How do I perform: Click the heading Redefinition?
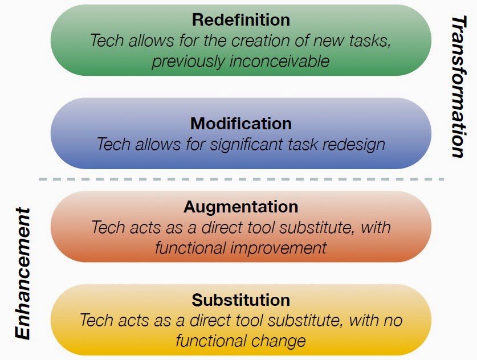241,20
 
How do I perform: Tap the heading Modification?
241,124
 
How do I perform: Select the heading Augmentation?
241,207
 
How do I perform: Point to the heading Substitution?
241,300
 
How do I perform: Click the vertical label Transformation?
459,87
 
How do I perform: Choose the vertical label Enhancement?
23,273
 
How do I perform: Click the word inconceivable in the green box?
279,61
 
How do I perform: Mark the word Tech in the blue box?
114,144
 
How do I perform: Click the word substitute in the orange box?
317,227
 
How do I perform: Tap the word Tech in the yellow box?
96,321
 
